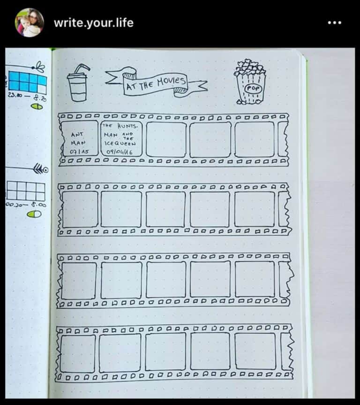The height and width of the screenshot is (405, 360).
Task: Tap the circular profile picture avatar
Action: click(29, 23)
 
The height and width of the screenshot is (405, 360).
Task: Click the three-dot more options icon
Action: click(334, 23)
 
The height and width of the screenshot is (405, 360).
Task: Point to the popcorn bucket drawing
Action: click(249, 82)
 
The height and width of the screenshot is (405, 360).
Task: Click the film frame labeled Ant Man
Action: click(79, 139)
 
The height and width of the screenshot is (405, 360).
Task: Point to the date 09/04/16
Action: click(120, 152)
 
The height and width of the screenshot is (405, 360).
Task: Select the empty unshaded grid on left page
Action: click(26, 191)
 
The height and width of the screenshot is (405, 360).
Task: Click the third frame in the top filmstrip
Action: click(166, 139)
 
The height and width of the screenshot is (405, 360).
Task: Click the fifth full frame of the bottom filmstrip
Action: click(255, 351)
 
